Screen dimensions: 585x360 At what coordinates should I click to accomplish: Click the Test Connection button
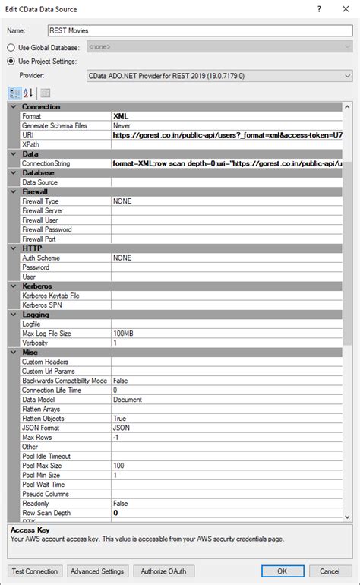[34, 571]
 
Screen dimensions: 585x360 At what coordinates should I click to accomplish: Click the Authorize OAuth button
[163, 571]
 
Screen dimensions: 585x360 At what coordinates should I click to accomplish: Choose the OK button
[281, 571]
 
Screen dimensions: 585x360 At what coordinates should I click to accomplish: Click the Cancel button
[330, 571]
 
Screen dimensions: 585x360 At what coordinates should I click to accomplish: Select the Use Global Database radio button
[11, 47]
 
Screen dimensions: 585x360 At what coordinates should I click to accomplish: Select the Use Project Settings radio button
[11, 62]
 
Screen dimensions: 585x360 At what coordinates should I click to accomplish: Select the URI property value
[228, 134]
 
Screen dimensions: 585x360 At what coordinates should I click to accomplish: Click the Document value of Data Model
[128, 400]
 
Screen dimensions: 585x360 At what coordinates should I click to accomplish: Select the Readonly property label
[37, 504]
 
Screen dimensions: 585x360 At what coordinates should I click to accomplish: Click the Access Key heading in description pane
[30, 530]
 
